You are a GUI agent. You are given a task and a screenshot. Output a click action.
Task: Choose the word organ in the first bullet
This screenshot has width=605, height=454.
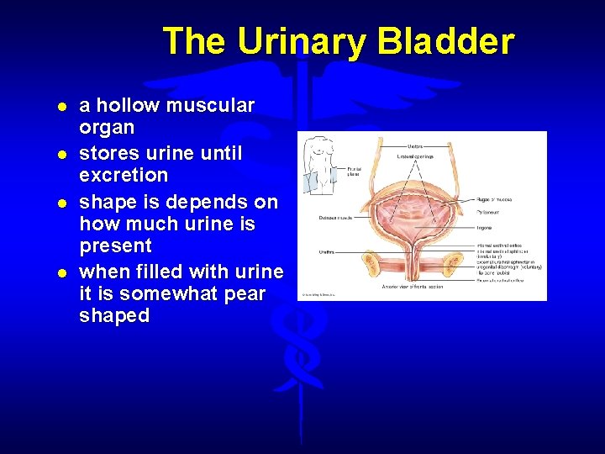click(107, 128)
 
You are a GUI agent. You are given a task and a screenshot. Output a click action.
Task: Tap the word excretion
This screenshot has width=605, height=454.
click(124, 176)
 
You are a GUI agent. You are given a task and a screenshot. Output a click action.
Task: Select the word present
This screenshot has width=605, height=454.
click(115, 246)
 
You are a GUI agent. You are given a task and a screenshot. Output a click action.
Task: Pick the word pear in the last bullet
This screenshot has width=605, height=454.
click(244, 294)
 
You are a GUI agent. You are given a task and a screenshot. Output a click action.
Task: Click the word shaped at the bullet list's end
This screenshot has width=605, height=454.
click(114, 316)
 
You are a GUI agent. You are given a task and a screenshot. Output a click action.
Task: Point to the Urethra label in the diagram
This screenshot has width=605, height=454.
click(327, 251)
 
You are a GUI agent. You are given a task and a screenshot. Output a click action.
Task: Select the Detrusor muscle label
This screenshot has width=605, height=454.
click(334, 217)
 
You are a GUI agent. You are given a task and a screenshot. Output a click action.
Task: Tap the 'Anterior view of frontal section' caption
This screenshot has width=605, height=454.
click(412, 288)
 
